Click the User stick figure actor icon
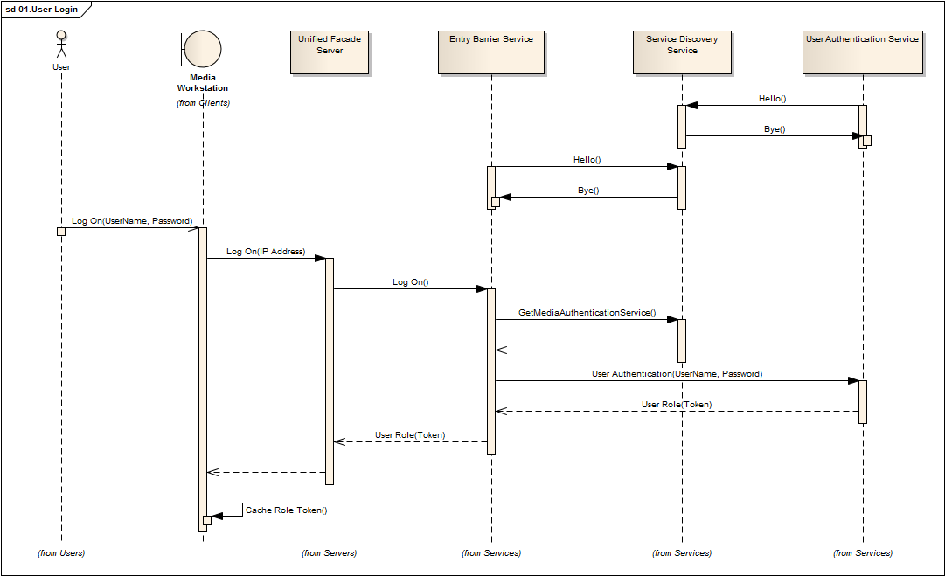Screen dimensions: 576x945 (61, 45)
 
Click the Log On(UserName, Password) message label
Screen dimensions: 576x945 (132, 221)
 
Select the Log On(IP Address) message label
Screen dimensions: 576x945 (266, 252)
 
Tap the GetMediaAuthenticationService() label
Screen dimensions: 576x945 (587, 313)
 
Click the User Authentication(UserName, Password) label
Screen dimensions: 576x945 (677, 374)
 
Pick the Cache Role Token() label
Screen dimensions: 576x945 (286, 510)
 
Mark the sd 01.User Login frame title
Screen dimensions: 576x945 (43, 9)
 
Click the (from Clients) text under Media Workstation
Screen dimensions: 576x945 (203, 103)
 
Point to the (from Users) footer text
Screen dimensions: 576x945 (61, 553)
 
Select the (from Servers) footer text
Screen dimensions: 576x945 (330, 553)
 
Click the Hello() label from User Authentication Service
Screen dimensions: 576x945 (772, 99)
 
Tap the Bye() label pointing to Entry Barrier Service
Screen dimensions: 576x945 (588, 191)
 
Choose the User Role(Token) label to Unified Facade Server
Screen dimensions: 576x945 (410, 435)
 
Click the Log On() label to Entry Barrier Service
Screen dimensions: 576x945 (411, 282)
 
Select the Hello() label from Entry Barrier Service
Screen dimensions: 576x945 (587, 160)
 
